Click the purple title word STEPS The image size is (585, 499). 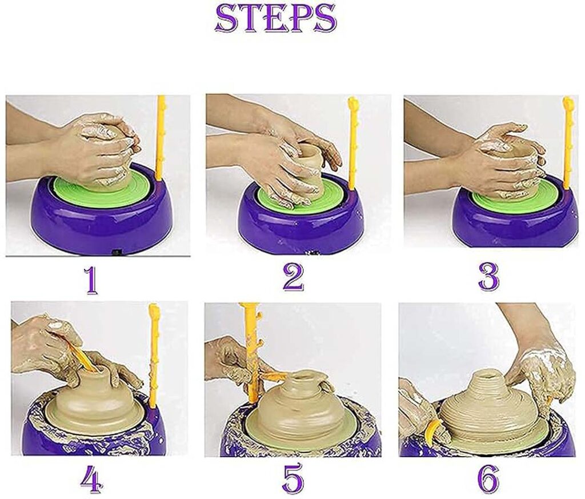[275, 18]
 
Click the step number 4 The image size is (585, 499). [91, 479]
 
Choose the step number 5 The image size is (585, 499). [292, 479]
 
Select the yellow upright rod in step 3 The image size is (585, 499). [567, 143]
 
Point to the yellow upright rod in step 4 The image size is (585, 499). [154, 354]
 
